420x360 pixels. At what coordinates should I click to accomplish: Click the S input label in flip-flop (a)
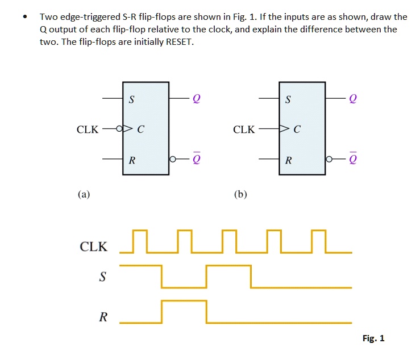(132, 101)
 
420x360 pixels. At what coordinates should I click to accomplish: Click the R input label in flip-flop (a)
(132, 161)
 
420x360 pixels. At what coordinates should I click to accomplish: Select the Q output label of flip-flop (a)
(197, 99)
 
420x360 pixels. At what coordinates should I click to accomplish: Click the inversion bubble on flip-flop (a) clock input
(119, 129)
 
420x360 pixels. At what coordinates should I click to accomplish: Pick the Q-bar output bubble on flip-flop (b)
(329, 160)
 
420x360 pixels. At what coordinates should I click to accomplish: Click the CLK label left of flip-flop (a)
(88, 130)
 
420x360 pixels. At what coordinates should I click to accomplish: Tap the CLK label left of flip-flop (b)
(244, 130)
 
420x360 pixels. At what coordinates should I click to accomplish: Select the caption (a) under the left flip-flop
(84, 194)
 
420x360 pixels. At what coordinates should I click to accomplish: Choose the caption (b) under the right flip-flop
(240, 194)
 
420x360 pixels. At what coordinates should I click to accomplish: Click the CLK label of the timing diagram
(94, 247)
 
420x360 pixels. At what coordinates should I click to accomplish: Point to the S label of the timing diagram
(103, 277)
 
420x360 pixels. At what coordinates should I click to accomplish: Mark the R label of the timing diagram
(103, 317)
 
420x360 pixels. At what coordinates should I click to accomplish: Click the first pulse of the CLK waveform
(139, 241)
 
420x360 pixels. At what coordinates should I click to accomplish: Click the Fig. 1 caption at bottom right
(373, 338)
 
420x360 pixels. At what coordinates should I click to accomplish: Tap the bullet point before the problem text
(24, 17)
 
